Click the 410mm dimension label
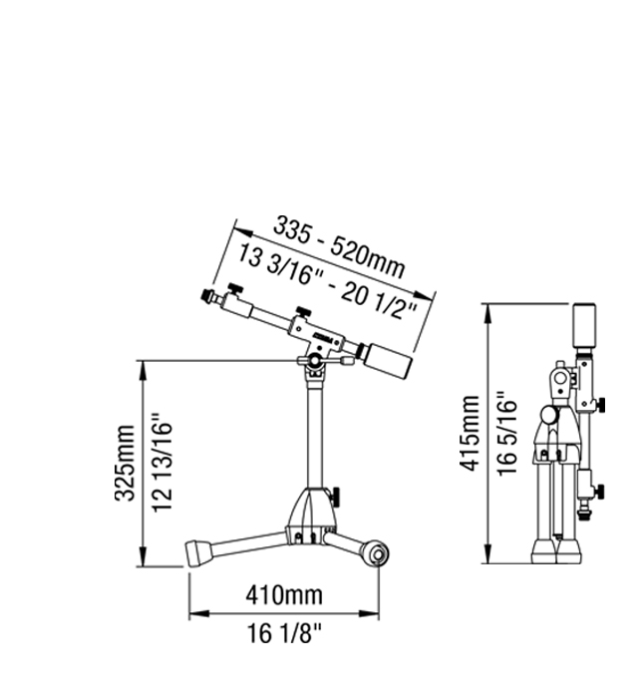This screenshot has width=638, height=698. coord(284,594)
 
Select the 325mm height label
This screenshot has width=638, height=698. coord(125,463)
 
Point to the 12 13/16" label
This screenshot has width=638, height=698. coord(161,464)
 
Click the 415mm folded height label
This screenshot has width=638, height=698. coord(469,433)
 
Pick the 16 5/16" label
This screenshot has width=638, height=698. coord(507,434)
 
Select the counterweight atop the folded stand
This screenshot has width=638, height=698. coord(584,326)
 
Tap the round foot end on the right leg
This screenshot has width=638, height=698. coord(377,553)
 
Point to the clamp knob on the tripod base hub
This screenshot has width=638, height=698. coord(336,496)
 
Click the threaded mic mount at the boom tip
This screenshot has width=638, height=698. coord(207,294)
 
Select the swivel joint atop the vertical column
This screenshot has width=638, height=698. coord(316,361)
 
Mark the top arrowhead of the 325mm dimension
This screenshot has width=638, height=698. coord(143,370)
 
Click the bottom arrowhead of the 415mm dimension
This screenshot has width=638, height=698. coord(488,553)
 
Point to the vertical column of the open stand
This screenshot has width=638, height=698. coord(315,434)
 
